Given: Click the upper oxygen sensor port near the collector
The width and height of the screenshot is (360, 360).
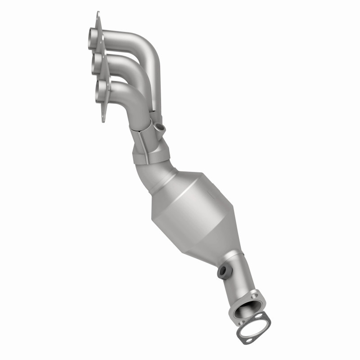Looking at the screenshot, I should [160, 128].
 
